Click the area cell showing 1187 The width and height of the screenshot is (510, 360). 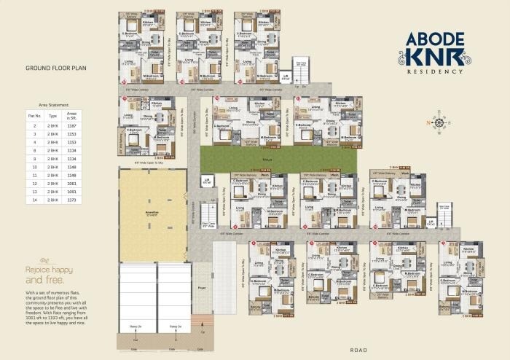71,126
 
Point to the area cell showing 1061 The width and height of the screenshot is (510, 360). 71,184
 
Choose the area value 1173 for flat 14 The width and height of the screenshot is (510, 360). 71,200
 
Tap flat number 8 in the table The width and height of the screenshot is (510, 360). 34,151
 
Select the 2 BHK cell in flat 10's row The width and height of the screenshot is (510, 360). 52,167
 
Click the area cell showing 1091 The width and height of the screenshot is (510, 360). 71,192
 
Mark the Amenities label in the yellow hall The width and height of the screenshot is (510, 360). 152,214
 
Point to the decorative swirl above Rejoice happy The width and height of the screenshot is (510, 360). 44,260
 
